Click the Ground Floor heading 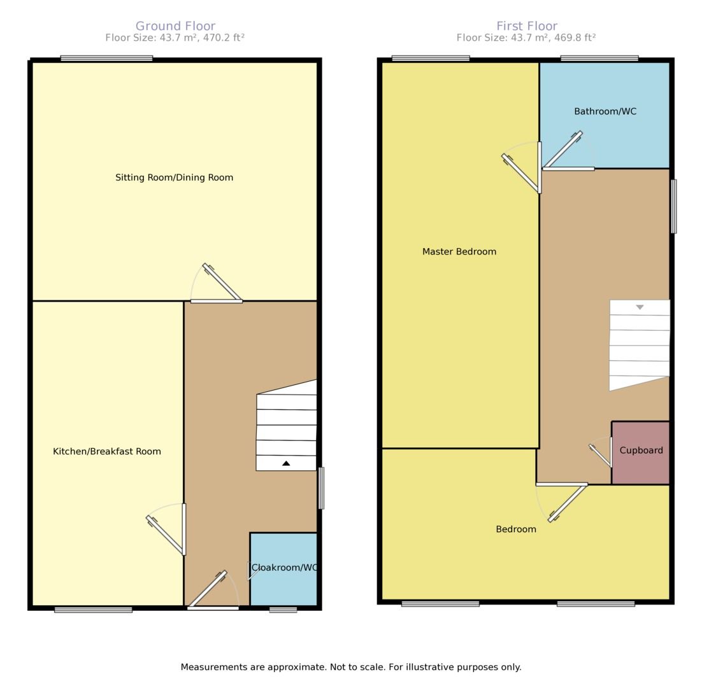(175, 26)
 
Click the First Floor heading (527, 26)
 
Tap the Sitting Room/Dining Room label (174, 178)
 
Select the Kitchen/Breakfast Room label (106, 451)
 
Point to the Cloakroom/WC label (284, 567)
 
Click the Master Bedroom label (459, 251)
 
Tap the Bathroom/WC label (605, 111)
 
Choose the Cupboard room (641, 452)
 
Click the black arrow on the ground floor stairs (286, 463)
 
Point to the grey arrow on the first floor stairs (640, 307)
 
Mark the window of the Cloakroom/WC (283, 610)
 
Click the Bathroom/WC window (599, 59)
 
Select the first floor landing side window (674, 206)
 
